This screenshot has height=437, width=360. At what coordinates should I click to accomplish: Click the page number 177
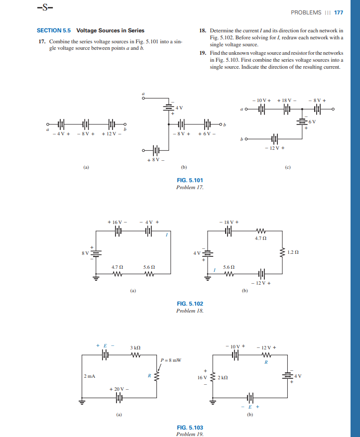(339, 12)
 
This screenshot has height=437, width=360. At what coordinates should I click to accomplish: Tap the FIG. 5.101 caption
(190, 180)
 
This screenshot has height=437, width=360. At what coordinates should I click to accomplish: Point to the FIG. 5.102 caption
(190, 304)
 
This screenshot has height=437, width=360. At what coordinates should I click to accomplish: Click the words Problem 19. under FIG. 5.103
(190, 434)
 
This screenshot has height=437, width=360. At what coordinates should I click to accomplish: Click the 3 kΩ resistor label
(136, 346)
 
